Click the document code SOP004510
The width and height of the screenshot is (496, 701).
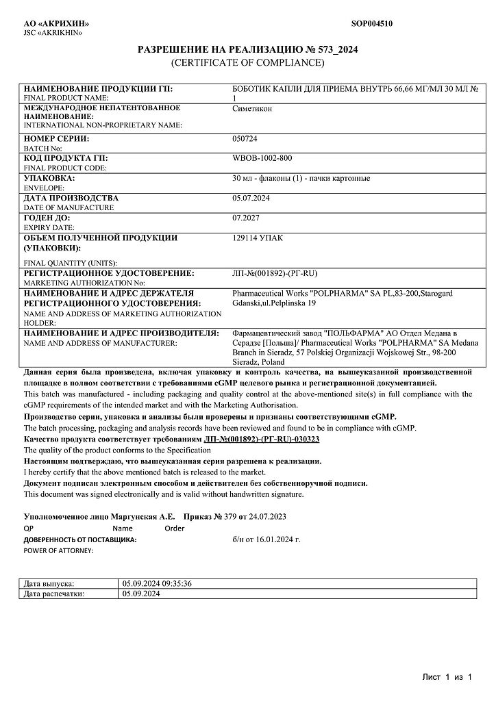point(372,23)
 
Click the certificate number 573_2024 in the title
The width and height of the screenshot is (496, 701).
point(337,50)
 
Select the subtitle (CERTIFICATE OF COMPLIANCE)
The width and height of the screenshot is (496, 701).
point(247,62)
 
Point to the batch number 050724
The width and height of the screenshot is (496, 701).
point(244,138)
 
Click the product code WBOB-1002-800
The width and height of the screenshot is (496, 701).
point(263,158)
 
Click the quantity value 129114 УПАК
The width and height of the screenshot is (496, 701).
point(258,238)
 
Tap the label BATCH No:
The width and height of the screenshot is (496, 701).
point(43,148)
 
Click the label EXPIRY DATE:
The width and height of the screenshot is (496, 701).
point(49,227)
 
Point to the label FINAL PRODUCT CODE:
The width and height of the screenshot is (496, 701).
point(65,168)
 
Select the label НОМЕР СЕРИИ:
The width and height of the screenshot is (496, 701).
point(57,138)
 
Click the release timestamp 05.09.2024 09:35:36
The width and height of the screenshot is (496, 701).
point(156,583)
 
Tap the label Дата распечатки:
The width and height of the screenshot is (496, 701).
point(54,594)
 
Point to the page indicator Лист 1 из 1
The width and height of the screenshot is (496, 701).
point(447,677)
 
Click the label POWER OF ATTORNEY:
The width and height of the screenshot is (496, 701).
point(58,550)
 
